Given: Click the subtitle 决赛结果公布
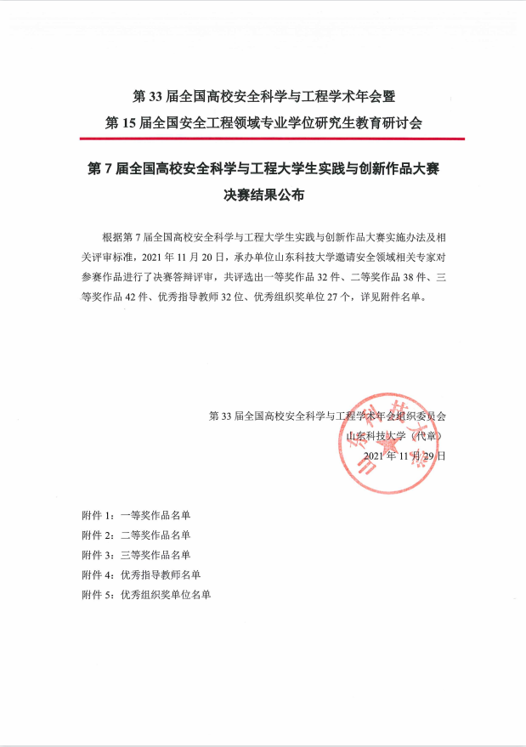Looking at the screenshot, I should point(263,194).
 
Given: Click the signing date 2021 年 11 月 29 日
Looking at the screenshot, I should point(404,456).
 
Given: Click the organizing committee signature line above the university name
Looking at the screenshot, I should point(327,416).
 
